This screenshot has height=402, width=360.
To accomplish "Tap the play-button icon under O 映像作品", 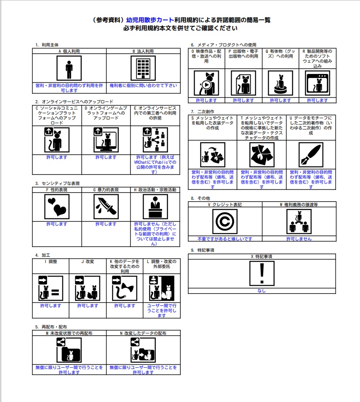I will point(206,83).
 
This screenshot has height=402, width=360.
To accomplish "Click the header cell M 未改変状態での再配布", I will point(69,333).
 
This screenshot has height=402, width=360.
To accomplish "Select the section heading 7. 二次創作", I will point(202,111).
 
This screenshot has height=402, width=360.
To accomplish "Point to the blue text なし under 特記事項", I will point(262,291).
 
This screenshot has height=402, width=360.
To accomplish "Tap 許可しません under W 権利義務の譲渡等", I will point(299,239).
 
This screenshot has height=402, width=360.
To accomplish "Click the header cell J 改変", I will point(88,261).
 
